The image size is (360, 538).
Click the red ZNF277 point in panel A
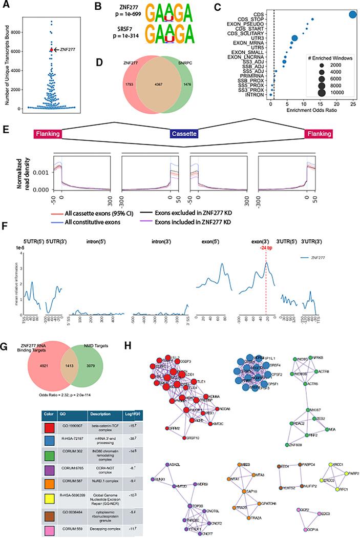click(52, 50)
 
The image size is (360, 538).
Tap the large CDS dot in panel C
click(353, 15)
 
